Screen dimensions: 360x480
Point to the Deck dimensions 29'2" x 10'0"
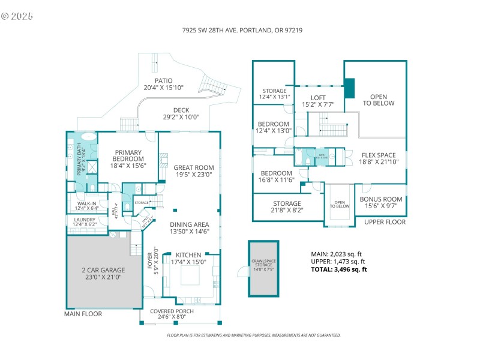[x=181, y=118]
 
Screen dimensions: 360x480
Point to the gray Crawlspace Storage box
[x=264, y=269]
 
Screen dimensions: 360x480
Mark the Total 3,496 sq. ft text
[x=338, y=269]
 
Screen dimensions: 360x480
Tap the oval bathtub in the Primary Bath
[x=88, y=136]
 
